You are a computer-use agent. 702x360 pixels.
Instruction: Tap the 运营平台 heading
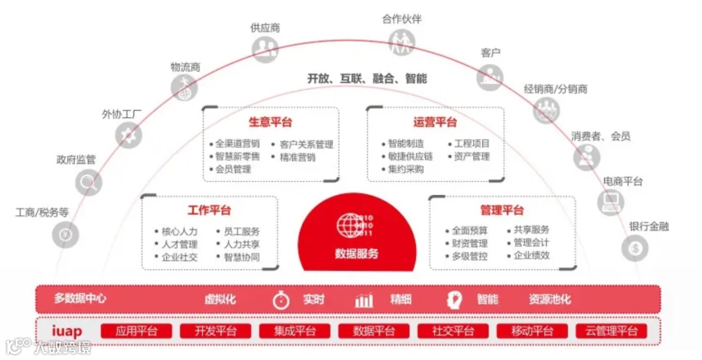click(435, 122)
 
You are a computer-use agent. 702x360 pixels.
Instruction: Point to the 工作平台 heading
click(209, 211)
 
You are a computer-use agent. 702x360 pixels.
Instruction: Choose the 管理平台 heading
click(502, 211)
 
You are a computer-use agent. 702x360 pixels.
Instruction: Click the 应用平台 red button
click(136, 331)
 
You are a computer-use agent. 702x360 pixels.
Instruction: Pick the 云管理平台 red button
click(612, 331)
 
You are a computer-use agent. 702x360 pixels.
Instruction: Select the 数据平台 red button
click(374, 331)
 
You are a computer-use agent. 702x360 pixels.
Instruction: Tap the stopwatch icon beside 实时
click(281, 300)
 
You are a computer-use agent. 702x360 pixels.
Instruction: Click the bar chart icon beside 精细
click(364, 300)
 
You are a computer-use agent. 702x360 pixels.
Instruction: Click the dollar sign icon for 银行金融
click(635, 248)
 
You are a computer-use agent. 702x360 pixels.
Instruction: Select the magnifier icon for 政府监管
click(88, 182)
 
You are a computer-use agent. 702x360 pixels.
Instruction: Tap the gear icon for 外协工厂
click(129, 135)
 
